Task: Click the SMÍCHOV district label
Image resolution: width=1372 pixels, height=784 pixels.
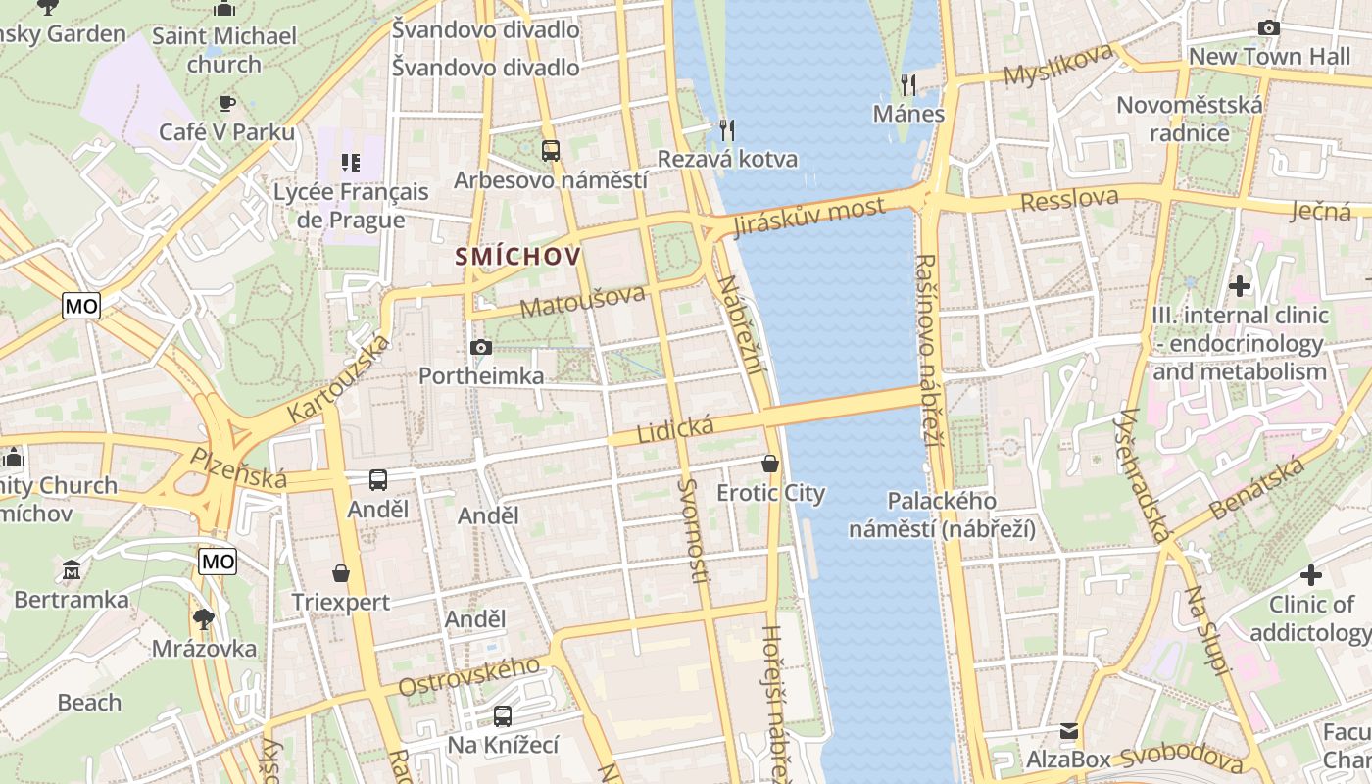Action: (x=517, y=257)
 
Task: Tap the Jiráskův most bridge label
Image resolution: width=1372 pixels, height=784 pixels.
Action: (x=808, y=217)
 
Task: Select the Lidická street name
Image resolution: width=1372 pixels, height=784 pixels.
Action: (x=675, y=428)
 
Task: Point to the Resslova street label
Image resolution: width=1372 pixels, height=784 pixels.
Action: (x=1069, y=200)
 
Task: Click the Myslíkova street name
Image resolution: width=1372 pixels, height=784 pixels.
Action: (x=1058, y=65)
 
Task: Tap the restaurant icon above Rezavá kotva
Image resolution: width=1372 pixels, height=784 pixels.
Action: (x=727, y=129)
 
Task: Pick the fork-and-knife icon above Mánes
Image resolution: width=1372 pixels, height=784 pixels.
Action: (x=908, y=85)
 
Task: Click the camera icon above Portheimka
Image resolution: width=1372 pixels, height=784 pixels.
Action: (x=480, y=347)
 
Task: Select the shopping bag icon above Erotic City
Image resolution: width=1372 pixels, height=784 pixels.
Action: (x=770, y=464)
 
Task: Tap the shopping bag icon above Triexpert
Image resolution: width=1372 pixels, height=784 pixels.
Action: (x=341, y=572)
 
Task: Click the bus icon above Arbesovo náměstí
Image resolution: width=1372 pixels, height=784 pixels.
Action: (x=551, y=151)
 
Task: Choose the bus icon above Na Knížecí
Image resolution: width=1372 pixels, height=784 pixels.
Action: (x=503, y=716)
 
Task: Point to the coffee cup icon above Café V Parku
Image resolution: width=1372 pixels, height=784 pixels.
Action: (x=227, y=102)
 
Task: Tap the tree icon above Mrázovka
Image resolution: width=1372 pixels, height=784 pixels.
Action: (x=204, y=619)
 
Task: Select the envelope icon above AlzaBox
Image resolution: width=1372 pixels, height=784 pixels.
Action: (x=1069, y=731)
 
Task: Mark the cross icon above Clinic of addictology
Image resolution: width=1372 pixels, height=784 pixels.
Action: (x=1311, y=575)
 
